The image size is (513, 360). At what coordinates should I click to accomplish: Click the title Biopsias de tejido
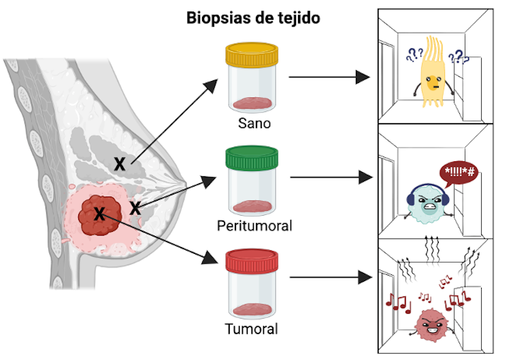coord(253,18)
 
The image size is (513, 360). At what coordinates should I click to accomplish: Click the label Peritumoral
coord(254,225)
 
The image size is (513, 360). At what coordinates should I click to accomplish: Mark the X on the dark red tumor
coord(99,214)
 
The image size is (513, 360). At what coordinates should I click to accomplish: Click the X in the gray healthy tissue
coord(120,163)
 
